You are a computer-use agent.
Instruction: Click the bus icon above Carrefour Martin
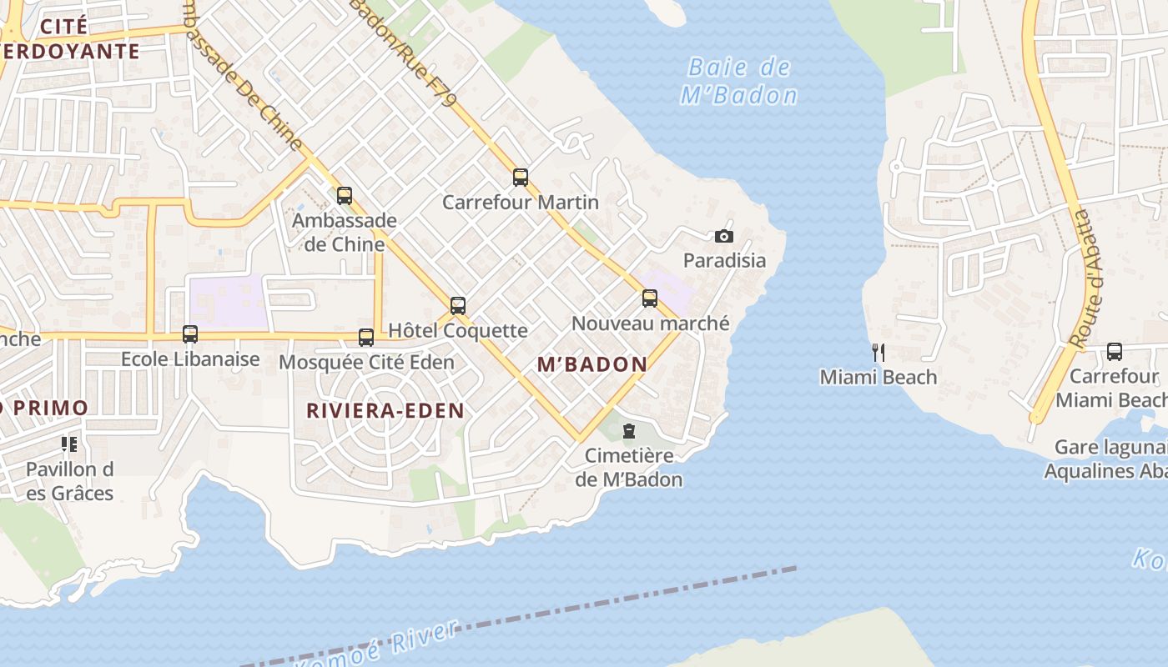pos(521,177)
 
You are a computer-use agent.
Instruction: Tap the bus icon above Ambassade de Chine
pos(345,196)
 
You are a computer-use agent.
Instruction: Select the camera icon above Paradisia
pos(724,236)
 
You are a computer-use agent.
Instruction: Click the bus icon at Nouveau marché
pos(650,298)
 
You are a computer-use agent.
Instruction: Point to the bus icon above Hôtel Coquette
pos(457,306)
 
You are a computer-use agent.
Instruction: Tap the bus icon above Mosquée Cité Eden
pos(366,337)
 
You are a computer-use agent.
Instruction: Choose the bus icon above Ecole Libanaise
pos(190,334)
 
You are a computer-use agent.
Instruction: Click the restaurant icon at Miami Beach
pos(878,352)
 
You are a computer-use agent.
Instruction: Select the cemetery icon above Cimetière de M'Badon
pos(629,431)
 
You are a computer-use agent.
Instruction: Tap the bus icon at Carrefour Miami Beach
pos(1115,352)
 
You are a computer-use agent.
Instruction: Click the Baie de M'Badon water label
pos(739,81)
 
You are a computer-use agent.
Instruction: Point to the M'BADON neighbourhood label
pos(592,364)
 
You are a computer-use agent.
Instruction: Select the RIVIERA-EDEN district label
pos(385,410)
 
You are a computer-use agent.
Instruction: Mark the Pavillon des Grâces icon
pos(68,444)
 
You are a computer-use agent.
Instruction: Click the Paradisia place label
pos(724,260)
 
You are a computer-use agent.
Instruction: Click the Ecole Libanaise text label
pos(190,359)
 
